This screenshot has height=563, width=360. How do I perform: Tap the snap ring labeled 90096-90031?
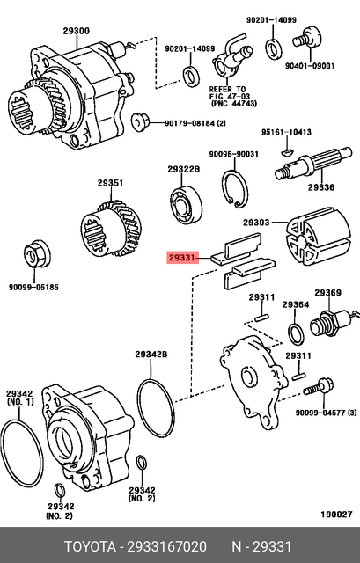click(x=234, y=191)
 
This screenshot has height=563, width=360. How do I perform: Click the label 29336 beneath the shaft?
click(x=320, y=187)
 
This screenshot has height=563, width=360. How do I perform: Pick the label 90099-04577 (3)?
click(x=326, y=412)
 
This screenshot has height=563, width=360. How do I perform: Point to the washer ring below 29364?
click(x=296, y=334)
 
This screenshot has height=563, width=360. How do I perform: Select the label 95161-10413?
click(x=286, y=132)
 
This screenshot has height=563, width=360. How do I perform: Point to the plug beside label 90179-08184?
click(x=138, y=119)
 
